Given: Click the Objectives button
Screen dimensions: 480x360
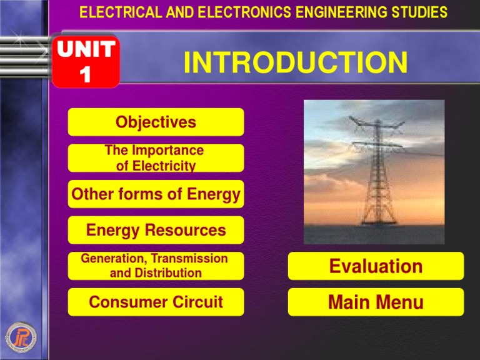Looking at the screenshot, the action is tap(156, 122).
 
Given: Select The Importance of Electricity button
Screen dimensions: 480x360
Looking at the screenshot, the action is tap(156, 158).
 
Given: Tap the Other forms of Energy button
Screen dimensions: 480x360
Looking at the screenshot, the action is tap(156, 194).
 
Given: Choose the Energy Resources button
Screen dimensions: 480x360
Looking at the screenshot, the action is tap(156, 230).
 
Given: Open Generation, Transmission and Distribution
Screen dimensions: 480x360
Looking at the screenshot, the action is tap(156, 266).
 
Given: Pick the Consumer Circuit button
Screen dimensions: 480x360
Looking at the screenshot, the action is tap(156, 302).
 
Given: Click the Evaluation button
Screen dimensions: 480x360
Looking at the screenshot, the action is tap(376, 266).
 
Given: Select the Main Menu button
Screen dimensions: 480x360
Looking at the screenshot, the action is tap(376, 302).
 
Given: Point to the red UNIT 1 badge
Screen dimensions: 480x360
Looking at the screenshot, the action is tap(86, 61).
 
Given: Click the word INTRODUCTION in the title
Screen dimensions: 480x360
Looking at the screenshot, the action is tap(296, 62).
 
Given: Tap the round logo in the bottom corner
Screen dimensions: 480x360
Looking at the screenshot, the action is tap(21, 337).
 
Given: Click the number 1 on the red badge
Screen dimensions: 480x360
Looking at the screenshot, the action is tap(86, 74).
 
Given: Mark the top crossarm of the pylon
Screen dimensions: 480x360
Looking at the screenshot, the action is tap(377, 122).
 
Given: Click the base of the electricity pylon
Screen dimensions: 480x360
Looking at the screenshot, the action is tap(379, 222).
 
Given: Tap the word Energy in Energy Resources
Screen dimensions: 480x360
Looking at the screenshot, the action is tap(112, 230).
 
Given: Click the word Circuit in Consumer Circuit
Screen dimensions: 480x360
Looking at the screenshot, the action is tap(197, 302).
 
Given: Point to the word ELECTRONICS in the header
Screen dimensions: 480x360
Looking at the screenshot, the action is tap(244, 12).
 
